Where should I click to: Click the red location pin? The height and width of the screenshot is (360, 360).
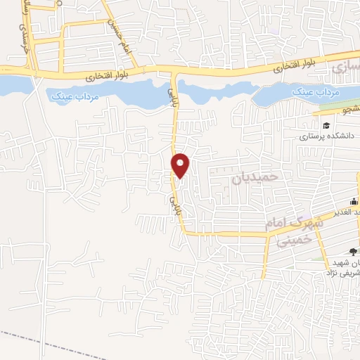pos(181,165)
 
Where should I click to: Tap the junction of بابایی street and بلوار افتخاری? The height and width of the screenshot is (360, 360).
pos(174,70)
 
